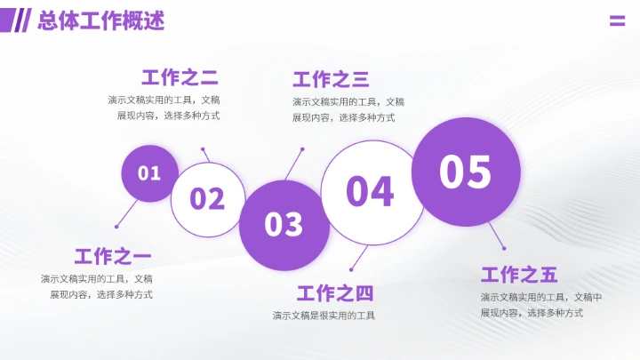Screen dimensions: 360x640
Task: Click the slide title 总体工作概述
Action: [x=101, y=21]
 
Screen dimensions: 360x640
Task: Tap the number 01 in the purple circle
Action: [x=148, y=173]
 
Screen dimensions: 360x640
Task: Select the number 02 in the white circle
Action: [x=207, y=198]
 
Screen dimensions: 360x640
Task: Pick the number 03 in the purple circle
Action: [x=284, y=224]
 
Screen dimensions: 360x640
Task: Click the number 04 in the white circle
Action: [x=370, y=191]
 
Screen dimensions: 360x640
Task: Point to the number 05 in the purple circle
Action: [x=465, y=172]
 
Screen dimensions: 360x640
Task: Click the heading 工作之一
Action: [x=113, y=257]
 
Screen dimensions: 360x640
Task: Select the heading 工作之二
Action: [x=180, y=76]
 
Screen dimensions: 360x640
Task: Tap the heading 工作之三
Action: [x=331, y=79]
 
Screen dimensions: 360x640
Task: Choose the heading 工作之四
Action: [x=335, y=293]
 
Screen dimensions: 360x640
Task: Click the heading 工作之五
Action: [x=519, y=275]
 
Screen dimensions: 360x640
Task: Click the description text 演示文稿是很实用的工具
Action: [x=324, y=316]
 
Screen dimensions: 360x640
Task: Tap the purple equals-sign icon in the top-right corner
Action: [x=617, y=21]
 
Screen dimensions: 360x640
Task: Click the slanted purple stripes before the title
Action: [x=22, y=20]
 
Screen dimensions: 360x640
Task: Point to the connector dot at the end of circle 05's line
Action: [x=504, y=248]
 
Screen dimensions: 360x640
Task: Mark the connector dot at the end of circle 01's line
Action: [x=116, y=227]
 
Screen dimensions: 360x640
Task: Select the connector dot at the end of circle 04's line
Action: [x=352, y=270]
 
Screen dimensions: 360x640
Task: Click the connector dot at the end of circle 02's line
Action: [x=204, y=149]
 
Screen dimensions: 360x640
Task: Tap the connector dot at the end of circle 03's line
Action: [x=302, y=149]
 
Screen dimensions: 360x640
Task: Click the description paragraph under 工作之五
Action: [x=540, y=305]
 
